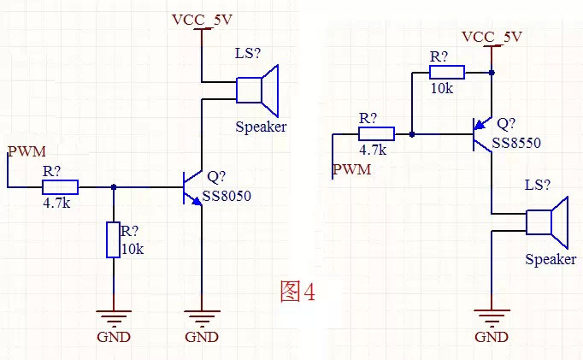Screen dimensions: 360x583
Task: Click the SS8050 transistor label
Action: tap(228, 198)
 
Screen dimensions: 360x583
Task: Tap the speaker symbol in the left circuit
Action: tap(257, 90)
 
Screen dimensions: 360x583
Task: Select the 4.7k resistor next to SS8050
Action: tap(61, 187)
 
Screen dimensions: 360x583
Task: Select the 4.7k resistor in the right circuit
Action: tap(376, 133)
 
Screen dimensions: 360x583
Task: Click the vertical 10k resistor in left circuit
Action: tap(114, 239)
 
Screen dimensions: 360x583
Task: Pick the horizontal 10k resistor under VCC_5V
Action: tap(446, 73)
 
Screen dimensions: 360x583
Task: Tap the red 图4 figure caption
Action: tap(297, 292)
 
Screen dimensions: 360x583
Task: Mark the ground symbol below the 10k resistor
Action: tap(114, 317)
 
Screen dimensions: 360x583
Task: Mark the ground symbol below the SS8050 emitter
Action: tap(201, 317)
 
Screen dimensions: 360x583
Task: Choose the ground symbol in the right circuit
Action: tap(492, 317)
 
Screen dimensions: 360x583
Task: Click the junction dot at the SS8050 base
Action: tap(114, 187)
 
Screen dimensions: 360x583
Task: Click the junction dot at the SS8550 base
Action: tap(412, 134)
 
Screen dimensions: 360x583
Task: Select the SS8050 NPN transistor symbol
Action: tap(193, 187)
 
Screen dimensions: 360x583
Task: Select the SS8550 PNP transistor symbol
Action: tap(484, 134)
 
